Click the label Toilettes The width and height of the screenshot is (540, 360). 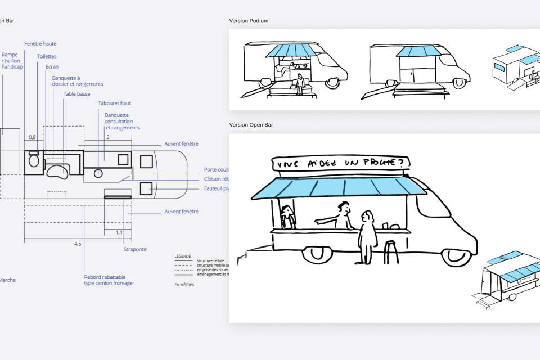point(47,56)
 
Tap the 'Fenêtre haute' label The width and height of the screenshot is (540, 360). point(40,44)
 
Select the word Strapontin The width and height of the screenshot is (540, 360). point(136,249)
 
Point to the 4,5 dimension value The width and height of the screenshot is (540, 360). point(78,244)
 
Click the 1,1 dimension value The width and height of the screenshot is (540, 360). point(119,232)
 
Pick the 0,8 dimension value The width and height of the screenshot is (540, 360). point(32,137)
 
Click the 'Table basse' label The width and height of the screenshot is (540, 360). point(76,94)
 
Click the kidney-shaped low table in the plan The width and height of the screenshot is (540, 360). point(57,171)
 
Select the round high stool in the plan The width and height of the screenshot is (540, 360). point(98,173)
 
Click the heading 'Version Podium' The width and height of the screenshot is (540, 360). point(249,21)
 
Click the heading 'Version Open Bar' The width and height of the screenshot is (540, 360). point(251,125)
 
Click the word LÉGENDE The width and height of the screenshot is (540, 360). point(183,256)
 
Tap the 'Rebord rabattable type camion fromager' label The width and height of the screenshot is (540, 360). point(109,280)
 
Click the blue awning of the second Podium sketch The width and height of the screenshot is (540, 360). point(417,52)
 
